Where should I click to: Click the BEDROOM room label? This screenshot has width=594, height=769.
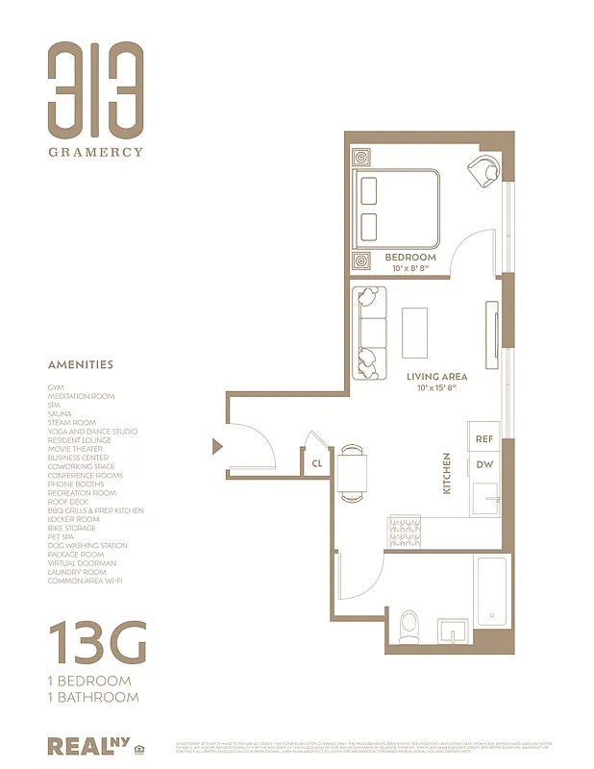410,258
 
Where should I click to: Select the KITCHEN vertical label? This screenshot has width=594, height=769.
447,474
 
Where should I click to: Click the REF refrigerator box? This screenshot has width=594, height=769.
483,438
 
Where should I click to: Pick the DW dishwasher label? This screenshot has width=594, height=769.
483,465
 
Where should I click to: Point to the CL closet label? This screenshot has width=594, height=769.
317,463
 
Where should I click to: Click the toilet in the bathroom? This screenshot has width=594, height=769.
409,626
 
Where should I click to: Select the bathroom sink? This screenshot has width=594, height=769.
452,630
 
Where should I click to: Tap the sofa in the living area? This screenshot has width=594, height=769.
368,333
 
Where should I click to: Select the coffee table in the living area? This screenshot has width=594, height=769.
415,333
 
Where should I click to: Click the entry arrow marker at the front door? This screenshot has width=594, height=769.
218,445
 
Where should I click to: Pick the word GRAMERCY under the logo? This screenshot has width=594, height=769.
96,151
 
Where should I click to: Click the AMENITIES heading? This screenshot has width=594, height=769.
81,365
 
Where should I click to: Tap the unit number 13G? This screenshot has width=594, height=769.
97,643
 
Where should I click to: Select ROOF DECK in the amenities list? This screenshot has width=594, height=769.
69,502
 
